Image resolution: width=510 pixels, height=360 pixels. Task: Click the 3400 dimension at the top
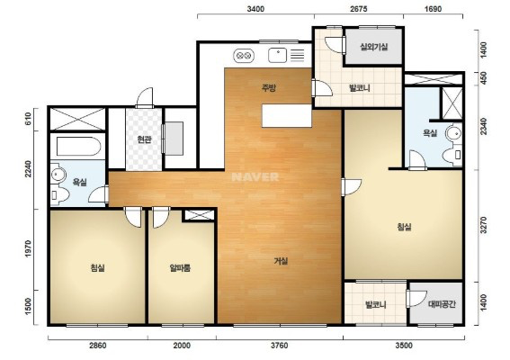[x=255, y=9]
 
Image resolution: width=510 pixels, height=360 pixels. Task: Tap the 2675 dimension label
[x=358, y=9]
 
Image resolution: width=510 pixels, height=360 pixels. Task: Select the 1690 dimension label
[x=434, y=9]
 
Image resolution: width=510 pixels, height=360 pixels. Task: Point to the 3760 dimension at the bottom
[x=280, y=346]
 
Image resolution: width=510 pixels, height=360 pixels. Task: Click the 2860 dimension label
[x=97, y=346]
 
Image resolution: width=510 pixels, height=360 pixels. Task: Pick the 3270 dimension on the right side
[x=484, y=225]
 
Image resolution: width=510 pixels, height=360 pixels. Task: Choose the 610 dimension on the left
[x=28, y=119]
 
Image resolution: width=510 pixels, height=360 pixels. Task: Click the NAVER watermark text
[x=255, y=177]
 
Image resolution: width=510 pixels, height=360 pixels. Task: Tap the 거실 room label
[x=281, y=261]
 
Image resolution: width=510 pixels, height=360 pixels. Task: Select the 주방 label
[x=269, y=88]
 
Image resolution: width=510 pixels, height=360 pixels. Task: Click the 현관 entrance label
[x=143, y=139]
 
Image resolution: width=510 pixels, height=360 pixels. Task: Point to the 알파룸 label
[x=180, y=268]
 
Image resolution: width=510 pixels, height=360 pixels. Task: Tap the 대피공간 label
[x=442, y=304]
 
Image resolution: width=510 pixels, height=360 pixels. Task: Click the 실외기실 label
[x=373, y=47]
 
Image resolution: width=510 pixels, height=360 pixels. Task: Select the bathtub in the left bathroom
[x=78, y=146]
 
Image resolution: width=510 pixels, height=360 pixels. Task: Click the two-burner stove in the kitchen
[x=244, y=56]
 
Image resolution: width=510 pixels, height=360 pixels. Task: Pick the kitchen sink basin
[x=277, y=55]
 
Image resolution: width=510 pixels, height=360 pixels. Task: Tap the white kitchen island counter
[x=287, y=116]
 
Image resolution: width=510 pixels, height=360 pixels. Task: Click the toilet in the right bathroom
[x=452, y=155]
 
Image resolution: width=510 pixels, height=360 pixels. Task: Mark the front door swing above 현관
[x=144, y=97]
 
